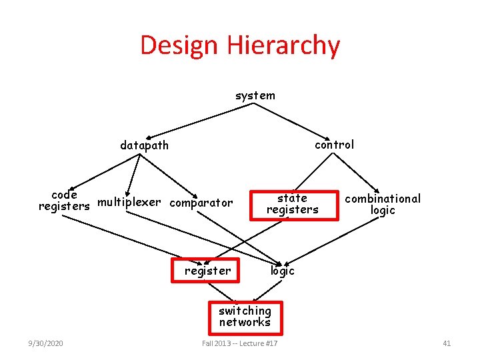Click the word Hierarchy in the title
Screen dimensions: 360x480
click(x=285, y=45)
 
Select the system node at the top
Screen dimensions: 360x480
click(x=255, y=95)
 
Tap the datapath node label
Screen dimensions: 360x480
click(x=144, y=145)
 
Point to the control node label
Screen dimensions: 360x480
click(x=334, y=144)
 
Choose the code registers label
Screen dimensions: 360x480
click(x=64, y=201)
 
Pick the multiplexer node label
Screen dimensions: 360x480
click(x=129, y=201)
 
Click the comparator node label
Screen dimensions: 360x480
click(x=201, y=202)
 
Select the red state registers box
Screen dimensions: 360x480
click(x=292, y=204)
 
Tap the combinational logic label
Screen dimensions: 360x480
click(x=383, y=204)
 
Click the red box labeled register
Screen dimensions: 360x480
click(x=208, y=271)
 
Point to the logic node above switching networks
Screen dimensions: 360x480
click(x=282, y=271)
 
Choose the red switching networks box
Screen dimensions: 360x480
click(x=245, y=317)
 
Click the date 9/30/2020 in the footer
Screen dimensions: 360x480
click(x=46, y=343)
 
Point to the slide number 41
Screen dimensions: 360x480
click(x=447, y=343)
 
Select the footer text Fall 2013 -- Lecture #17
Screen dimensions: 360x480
click(x=240, y=343)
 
